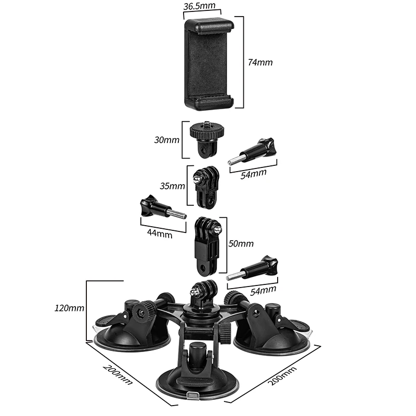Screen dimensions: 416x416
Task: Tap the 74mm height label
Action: click(260, 62)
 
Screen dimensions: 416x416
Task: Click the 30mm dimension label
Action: click(167, 140)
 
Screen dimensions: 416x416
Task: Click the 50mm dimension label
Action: click(241, 243)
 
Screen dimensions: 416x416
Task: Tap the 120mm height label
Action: click(69, 308)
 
